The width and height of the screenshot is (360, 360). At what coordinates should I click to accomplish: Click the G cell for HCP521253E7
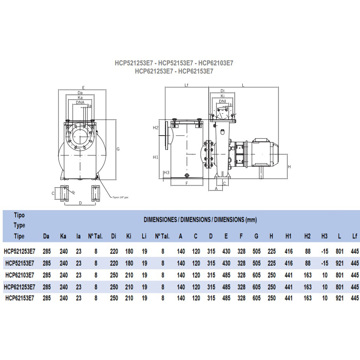tap(256, 252)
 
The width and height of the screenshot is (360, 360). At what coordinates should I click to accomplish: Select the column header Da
tap(46, 236)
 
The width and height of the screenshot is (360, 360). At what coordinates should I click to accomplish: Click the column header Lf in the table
tap(354, 236)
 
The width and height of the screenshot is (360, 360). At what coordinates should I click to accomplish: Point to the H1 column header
tap(288, 236)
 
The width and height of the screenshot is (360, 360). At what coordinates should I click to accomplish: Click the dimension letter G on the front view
tap(118, 149)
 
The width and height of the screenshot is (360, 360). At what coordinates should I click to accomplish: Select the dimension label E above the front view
tap(83, 87)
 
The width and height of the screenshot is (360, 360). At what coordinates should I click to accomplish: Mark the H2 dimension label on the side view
tap(156, 128)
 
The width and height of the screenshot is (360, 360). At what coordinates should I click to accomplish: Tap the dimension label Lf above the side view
tap(186, 85)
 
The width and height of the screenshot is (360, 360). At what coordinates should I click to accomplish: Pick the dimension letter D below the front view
tap(80, 203)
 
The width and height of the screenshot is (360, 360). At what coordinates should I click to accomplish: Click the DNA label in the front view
tap(80, 102)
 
